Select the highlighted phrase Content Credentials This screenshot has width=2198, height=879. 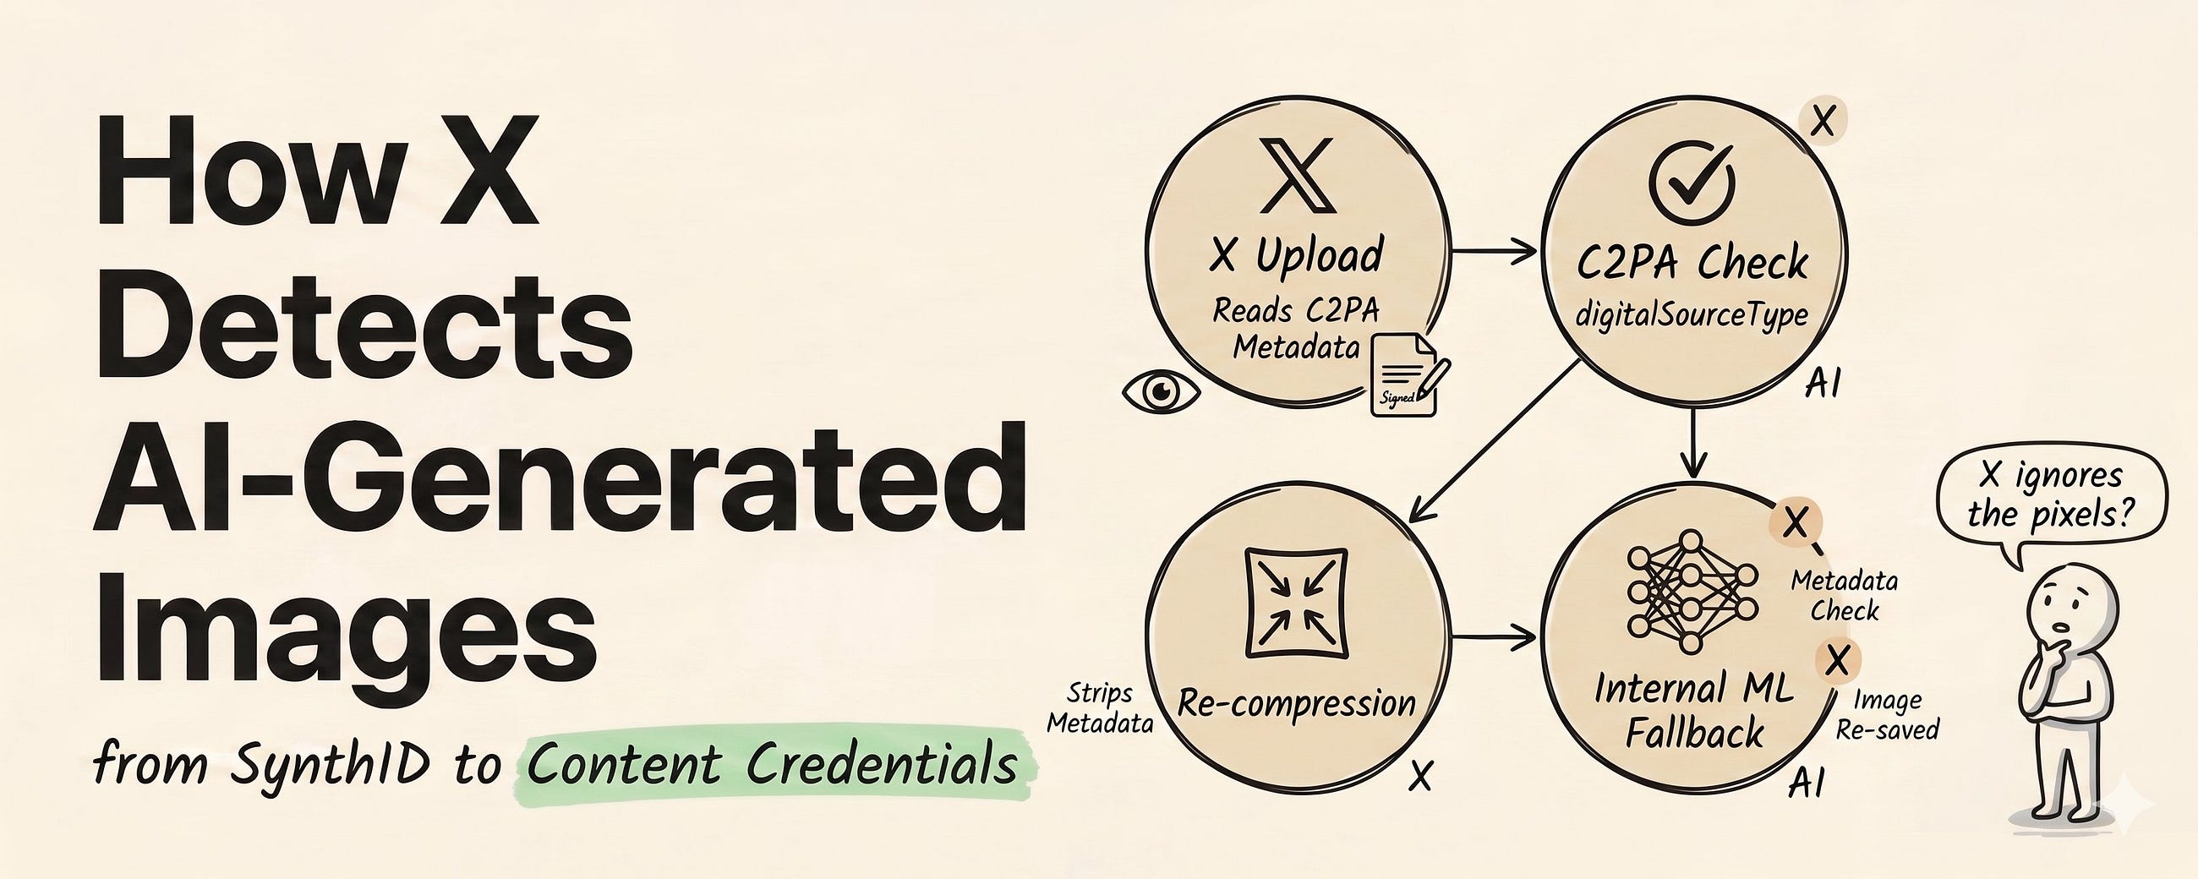(772, 763)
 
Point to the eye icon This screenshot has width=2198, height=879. (1161, 391)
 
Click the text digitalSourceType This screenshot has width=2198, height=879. (1692, 317)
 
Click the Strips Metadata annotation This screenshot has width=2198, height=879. (1100, 708)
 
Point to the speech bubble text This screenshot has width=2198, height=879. (2050, 495)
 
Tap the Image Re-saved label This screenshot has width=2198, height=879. (1888, 715)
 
